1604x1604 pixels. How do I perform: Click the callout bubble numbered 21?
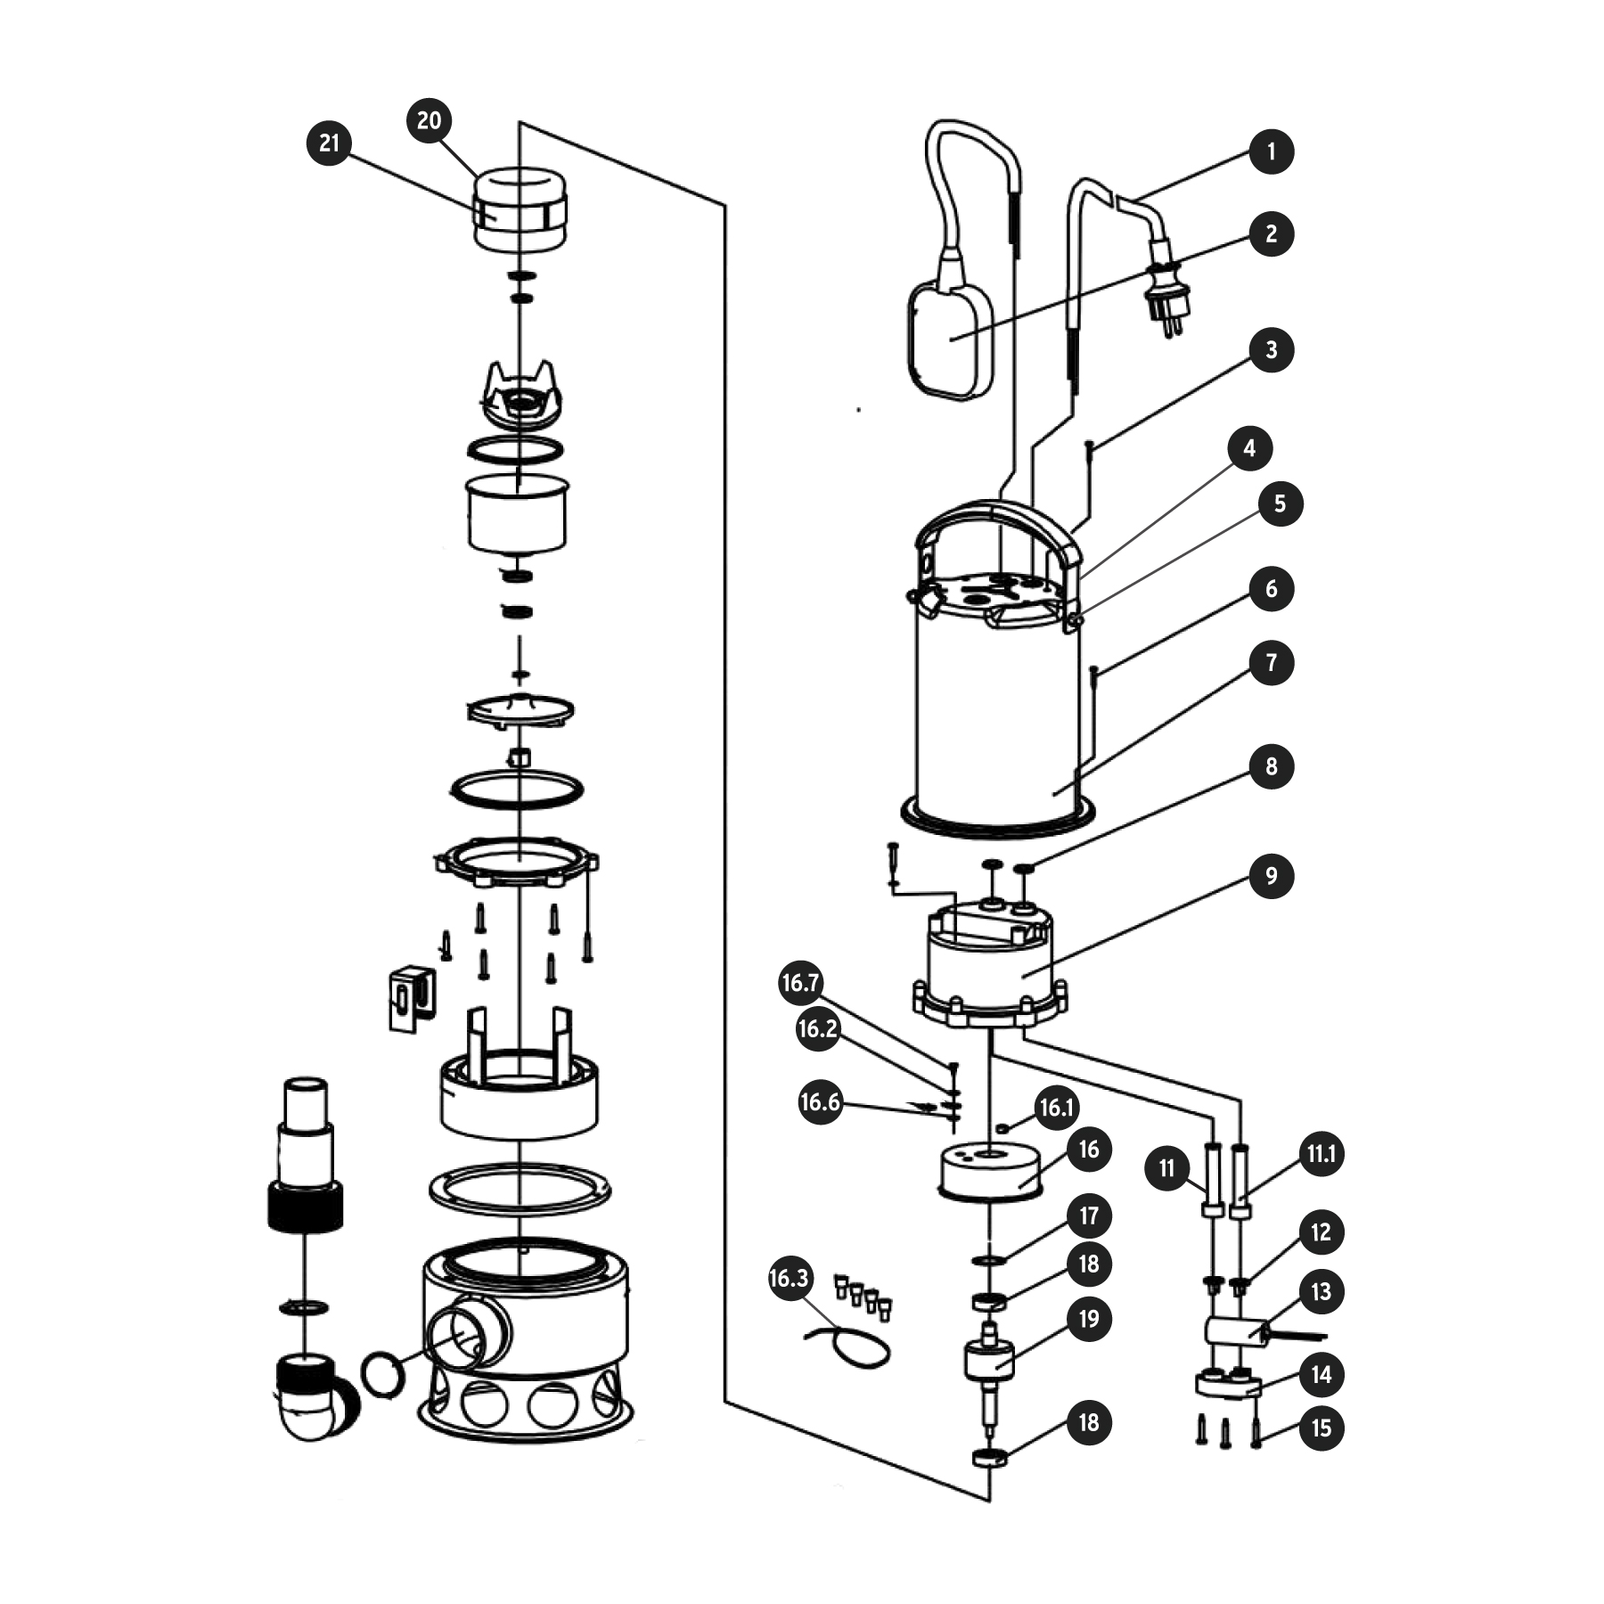pos(330,143)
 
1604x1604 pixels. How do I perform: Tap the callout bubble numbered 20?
pos(429,120)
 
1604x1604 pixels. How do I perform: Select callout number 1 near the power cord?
pos(1271,151)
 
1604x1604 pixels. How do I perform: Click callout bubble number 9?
pos(1271,876)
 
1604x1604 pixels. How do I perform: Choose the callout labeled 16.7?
pos(799,983)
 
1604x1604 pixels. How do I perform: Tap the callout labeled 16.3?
pos(789,1279)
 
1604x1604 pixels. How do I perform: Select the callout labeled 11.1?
pos(1321,1155)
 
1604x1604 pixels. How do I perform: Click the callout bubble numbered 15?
pos(1321,1428)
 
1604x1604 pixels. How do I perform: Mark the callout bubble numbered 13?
pos(1321,1291)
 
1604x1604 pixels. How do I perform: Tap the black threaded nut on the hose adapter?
pos(305,1207)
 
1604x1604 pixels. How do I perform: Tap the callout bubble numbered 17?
pos(1089,1216)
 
